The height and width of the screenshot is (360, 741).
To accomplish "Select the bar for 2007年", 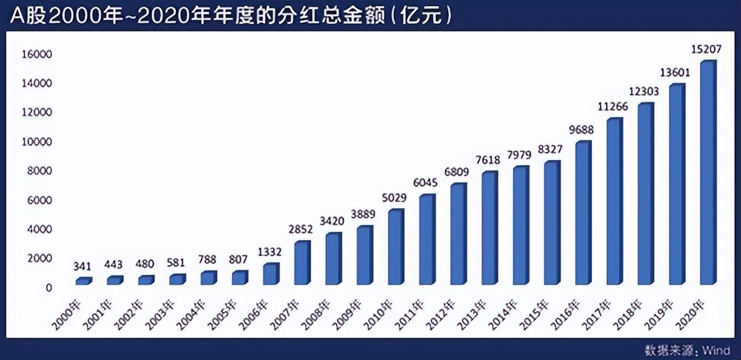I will point(302,263).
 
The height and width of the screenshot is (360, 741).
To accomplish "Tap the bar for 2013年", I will point(490,228).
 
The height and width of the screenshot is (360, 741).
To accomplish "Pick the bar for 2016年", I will point(583,213).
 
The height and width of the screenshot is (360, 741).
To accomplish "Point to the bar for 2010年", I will point(396,247).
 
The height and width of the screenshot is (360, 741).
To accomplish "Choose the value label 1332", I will point(271,251).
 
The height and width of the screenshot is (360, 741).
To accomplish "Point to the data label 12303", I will point(645,90).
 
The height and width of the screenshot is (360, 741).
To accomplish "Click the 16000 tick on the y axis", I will point(40,54).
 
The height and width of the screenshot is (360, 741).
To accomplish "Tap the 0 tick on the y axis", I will point(49,288).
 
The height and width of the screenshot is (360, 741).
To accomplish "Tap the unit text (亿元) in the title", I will point(424,16).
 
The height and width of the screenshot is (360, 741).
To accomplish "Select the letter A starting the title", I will point(17,16).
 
